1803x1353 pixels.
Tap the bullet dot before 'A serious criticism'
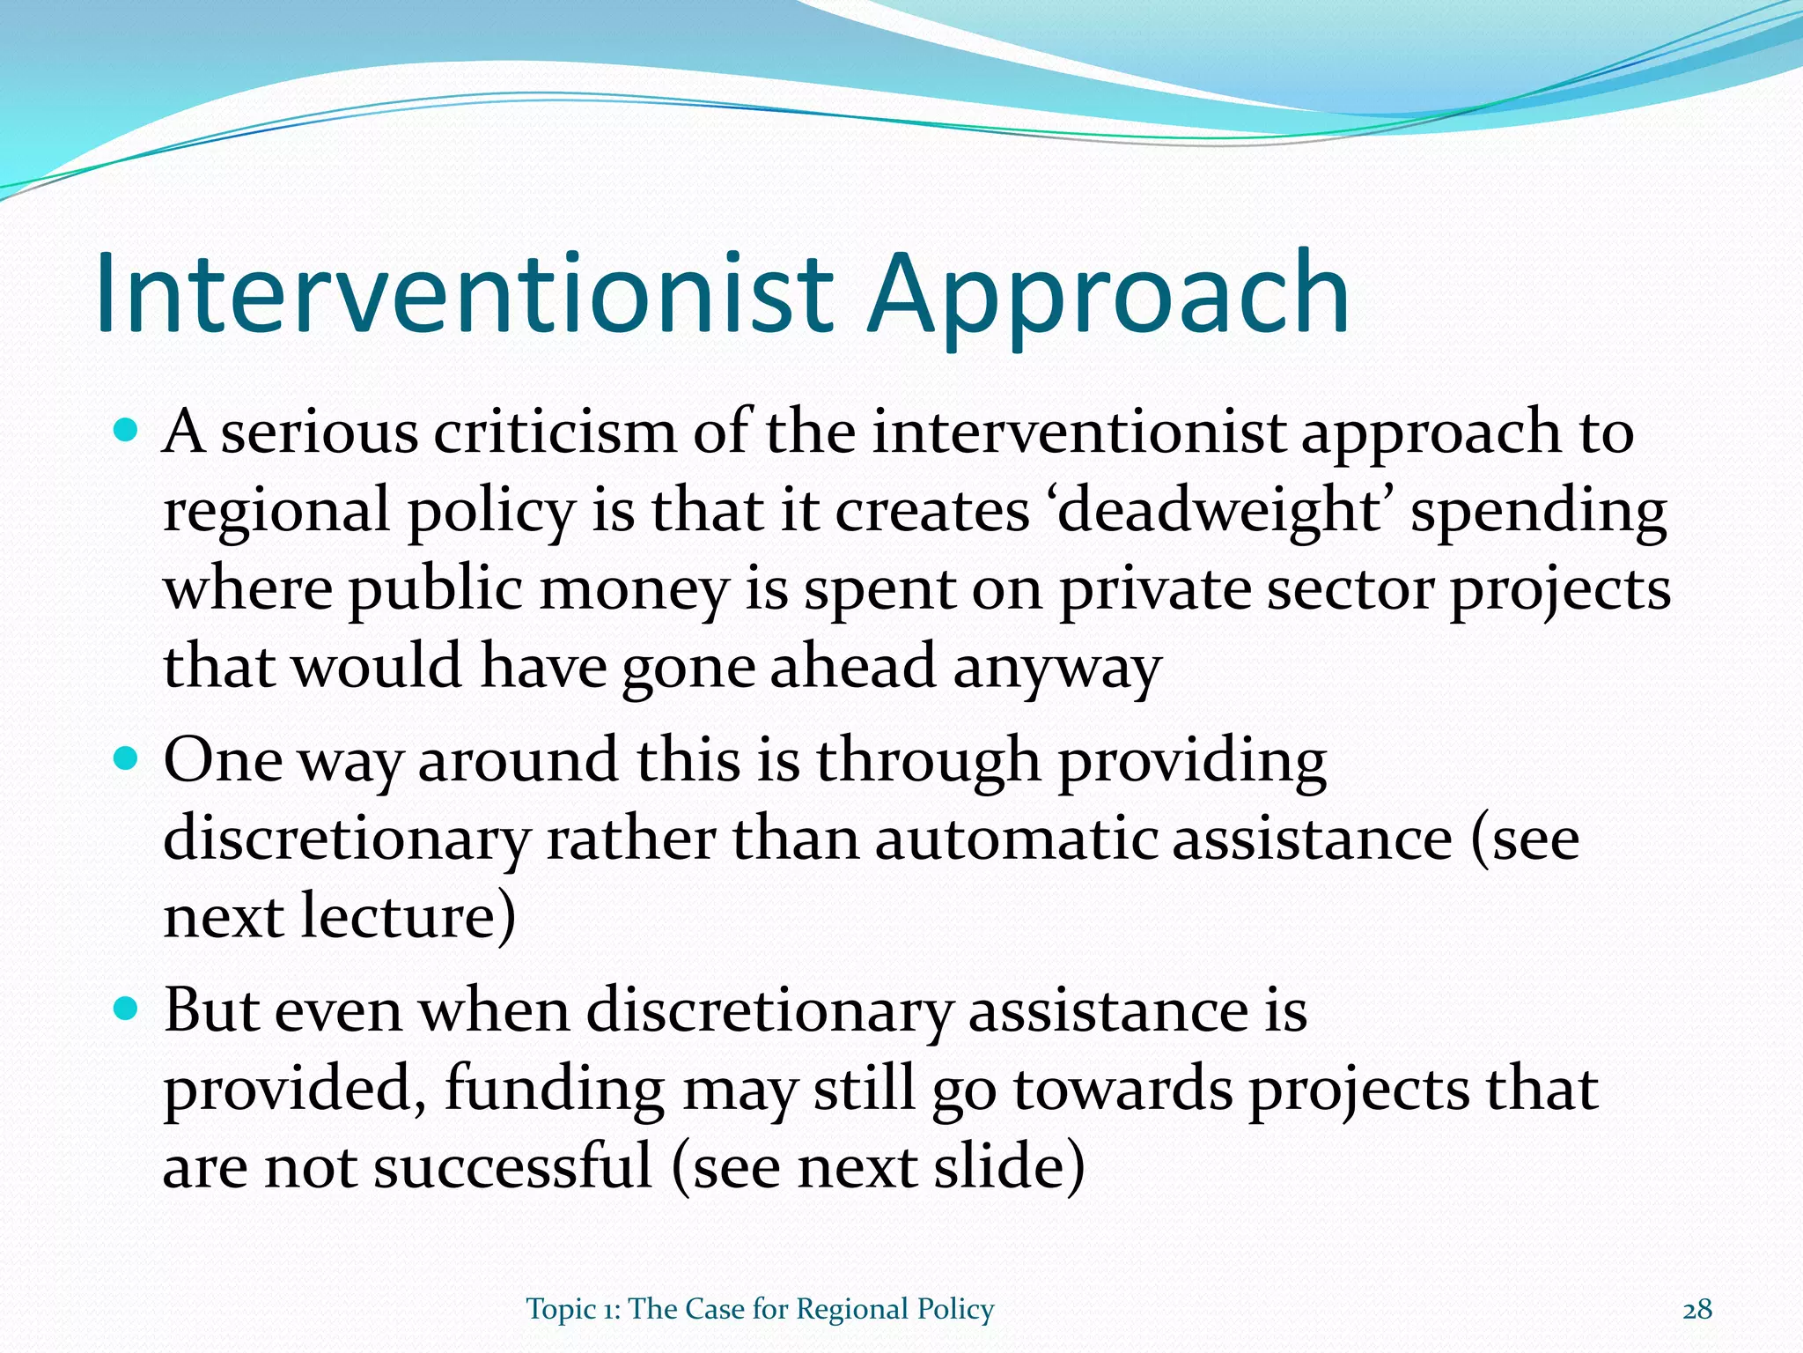[127, 431]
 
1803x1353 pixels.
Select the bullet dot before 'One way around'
[127, 758]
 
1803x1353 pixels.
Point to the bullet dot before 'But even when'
[127, 1009]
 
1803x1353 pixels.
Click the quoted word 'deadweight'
[1219, 510]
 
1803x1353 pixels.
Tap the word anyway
[1057, 668]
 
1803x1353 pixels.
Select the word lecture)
[408, 915]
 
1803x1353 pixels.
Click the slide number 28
[1697, 1309]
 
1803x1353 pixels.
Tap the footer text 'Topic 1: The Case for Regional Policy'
[760, 1309]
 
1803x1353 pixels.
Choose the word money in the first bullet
[634, 589]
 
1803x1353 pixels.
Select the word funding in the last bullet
[554, 1089]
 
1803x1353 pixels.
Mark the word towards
[1122, 1089]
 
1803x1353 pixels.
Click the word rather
[630, 838]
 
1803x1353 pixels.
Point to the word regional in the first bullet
[276, 511]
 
